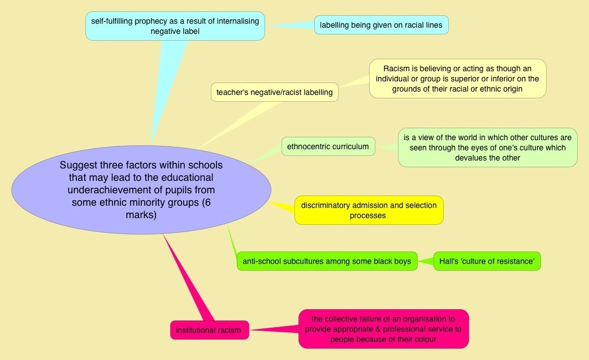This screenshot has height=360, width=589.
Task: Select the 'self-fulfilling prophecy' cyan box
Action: (x=175, y=26)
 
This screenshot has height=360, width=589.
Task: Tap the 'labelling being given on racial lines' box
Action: (x=382, y=25)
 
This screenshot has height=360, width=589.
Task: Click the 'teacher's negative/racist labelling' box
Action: (x=274, y=92)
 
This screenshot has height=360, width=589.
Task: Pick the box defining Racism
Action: (x=457, y=79)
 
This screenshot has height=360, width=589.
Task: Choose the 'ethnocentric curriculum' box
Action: (x=328, y=147)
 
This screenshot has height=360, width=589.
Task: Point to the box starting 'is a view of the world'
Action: (x=487, y=147)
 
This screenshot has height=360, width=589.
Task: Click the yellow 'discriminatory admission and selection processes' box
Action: (x=369, y=210)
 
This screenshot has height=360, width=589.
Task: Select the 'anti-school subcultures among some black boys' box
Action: (x=327, y=261)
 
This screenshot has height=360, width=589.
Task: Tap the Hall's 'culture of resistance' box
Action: (x=487, y=261)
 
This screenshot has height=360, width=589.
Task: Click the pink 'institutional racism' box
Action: (x=209, y=329)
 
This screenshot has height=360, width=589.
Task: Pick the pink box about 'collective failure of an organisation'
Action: (x=384, y=328)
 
